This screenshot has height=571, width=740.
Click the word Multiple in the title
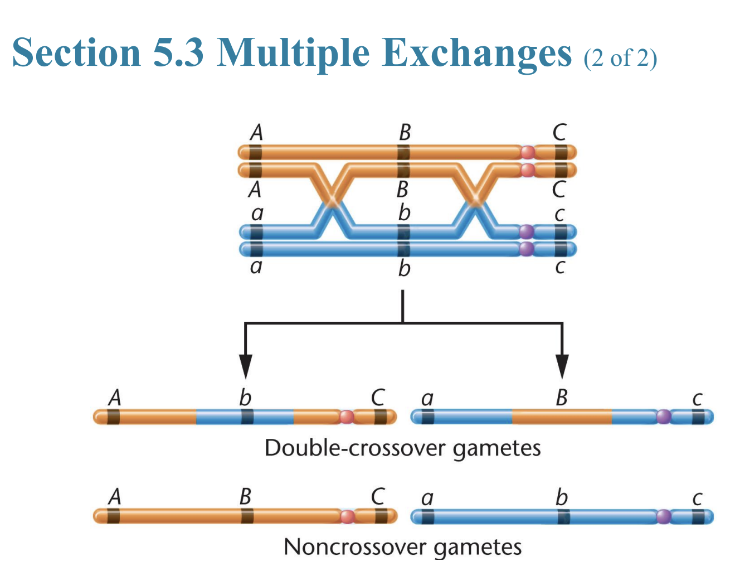293,52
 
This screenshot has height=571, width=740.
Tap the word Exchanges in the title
478,52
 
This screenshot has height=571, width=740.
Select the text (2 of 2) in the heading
620,57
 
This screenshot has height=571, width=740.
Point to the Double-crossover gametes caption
402,448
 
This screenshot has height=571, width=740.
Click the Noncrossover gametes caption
402,546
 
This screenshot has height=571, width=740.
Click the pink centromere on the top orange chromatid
527,152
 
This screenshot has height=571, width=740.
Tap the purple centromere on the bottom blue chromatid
526,249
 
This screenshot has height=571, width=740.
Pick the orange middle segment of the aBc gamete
561,417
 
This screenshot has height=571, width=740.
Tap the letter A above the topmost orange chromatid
256,133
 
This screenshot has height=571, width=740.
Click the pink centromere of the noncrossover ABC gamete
347,516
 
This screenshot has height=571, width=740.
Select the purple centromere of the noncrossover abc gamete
663,516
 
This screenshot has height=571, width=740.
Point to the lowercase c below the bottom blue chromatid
560,267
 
